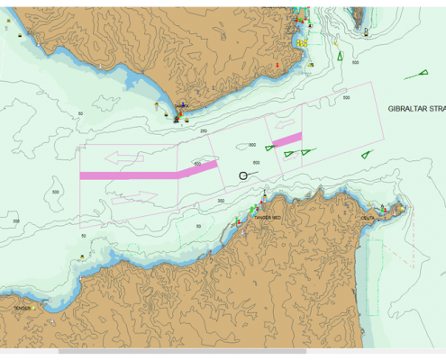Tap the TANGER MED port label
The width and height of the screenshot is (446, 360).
click(269, 217)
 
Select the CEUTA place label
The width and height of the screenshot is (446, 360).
click(368, 217)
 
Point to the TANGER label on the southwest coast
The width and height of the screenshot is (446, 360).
click(22, 308)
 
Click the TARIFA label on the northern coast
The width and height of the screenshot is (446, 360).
click(182, 105)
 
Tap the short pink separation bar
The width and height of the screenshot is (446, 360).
click(287, 139)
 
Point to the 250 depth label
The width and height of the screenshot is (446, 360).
click(203, 131)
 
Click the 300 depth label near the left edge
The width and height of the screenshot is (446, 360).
click(16, 220)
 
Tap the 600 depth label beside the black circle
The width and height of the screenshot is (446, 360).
click(256, 163)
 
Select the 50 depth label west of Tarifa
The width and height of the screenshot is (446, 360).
click(81, 113)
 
